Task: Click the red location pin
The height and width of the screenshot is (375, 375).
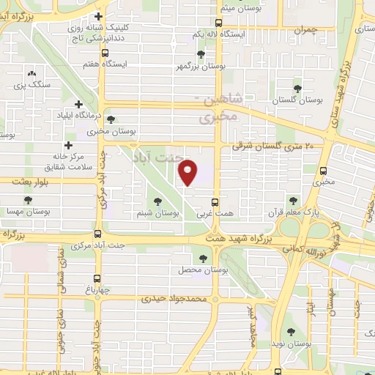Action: pyautogui.click(x=188, y=174)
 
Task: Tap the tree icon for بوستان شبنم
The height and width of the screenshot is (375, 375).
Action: pyautogui.click(x=157, y=200)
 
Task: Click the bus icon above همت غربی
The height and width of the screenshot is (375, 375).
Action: pyautogui.click(x=215, y=202)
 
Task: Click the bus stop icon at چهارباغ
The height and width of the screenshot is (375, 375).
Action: pyautogui.click(x=98, y=278)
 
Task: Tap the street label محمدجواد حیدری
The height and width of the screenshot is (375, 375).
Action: pyautogui.click(x=175, y=299)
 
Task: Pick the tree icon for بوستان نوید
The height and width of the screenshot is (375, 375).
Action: pyautogui.click(x=292, y=331)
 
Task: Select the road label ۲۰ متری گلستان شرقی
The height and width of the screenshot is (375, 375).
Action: pyautogui.click(x=272, y=146)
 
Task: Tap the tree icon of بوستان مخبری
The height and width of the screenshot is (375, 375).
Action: pyautogui.click(x=111, y=119)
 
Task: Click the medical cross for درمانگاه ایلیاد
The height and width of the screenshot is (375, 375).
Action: pyautogui.click(x=78, y=105)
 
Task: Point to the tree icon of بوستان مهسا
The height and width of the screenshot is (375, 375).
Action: pyautogui.click(x=28, y=199)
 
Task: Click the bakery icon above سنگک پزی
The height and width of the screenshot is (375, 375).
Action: pyautogui.click(x=31, y=73)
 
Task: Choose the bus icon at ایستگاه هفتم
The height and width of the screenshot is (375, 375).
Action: pyautogui.click(x=107, y=53)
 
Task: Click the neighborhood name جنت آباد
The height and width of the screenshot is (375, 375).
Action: pyautogui.click(x=154, y=157)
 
